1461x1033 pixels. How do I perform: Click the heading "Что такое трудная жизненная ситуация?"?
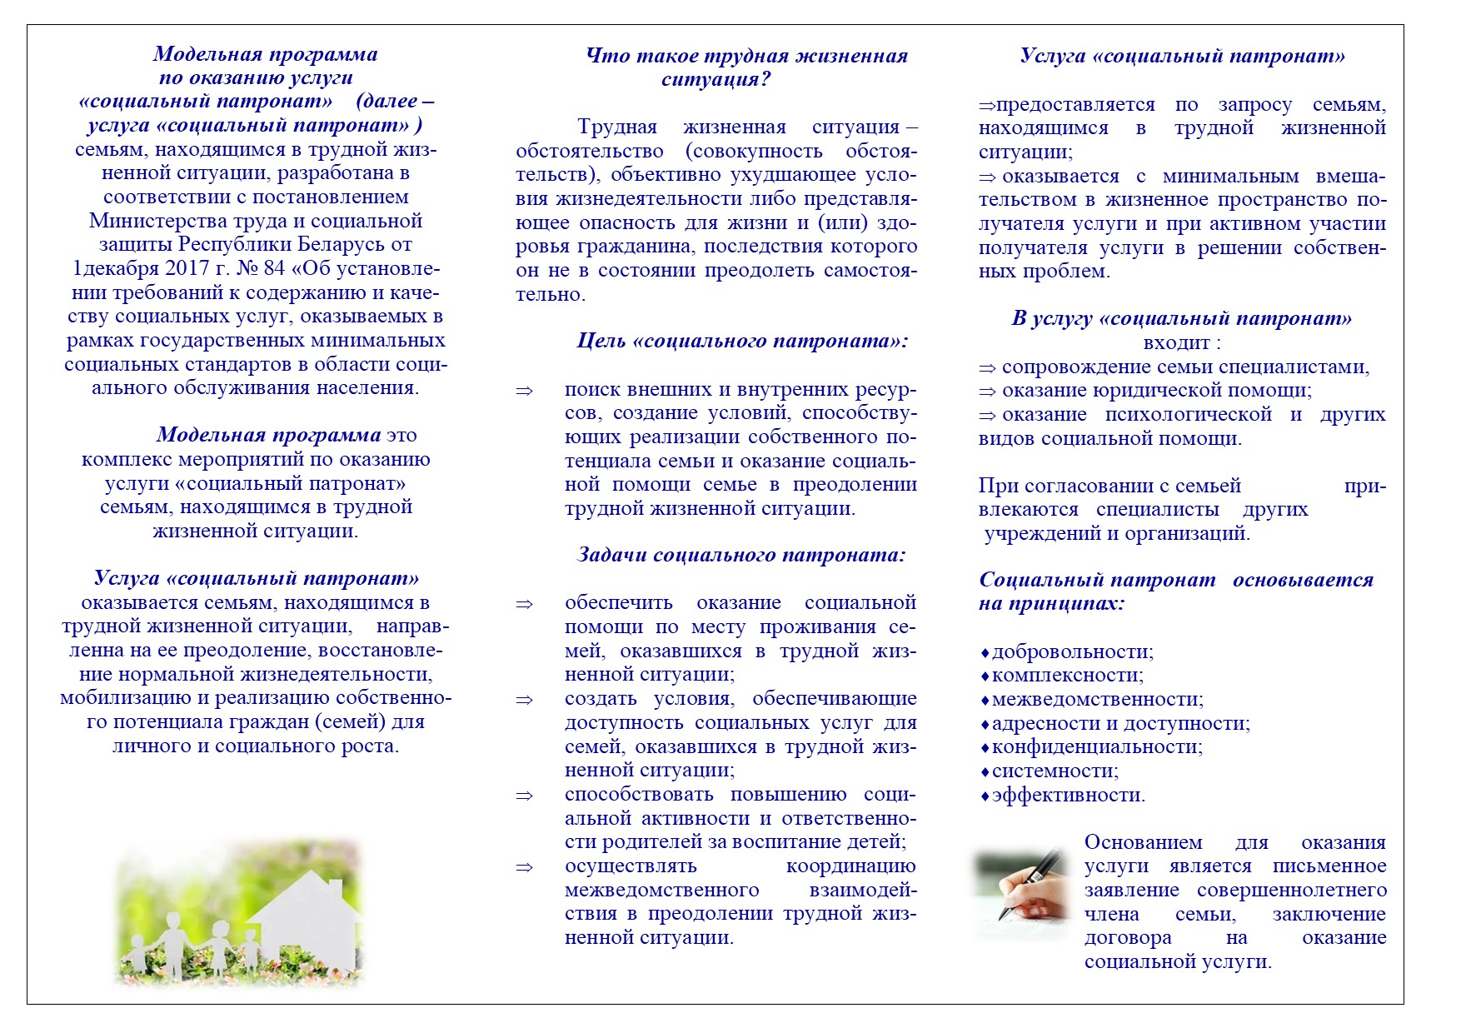tap(746, 67)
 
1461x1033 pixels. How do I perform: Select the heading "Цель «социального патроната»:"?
tap(742, 341)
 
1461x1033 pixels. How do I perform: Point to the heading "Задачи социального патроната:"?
tap(740, 555)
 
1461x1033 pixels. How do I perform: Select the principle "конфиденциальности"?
tap(1097, 746)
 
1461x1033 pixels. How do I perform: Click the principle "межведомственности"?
tap(1097, 699)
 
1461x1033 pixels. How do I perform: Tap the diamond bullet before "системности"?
tap(985, 772)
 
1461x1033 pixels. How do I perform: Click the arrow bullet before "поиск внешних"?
tap(524, 390)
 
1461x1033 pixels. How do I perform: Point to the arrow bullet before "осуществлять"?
tap(524, 867)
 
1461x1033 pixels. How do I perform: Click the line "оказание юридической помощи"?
tap(1156, 391)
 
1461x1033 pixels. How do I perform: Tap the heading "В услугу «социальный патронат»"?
tap(1181, 318)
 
